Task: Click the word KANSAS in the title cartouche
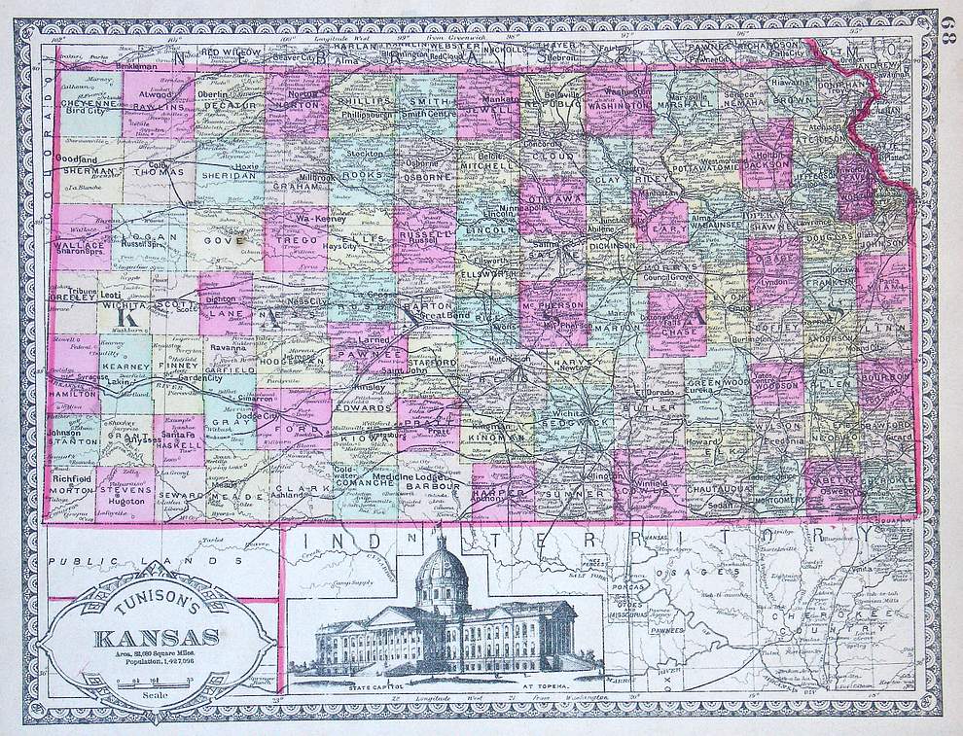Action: coord(156,639)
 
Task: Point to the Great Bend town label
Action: coord(450,316)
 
